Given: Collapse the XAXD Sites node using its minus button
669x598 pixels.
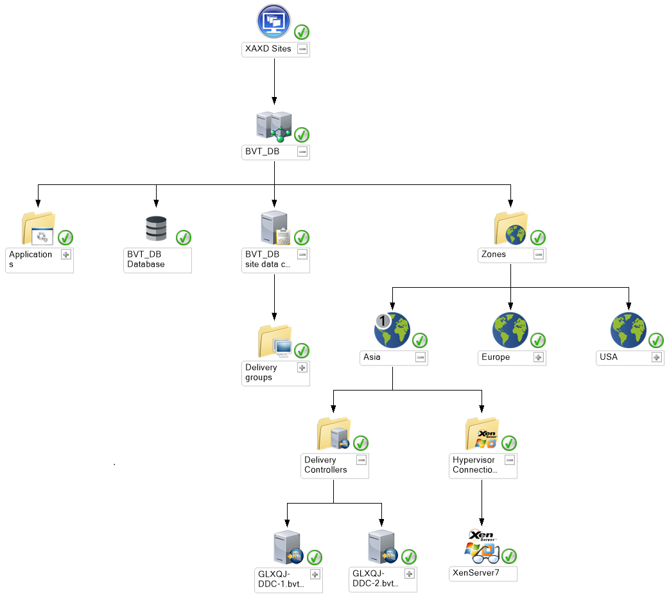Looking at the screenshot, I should click(x=302, y=49).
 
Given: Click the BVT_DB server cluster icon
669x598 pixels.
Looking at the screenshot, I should click(x=274, y=125).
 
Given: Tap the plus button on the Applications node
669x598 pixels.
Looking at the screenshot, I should click(x=65, y=254).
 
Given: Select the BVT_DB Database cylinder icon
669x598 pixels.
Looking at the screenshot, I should click(x=156, y=229).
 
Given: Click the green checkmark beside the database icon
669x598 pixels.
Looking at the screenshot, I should click(x=184, y=238).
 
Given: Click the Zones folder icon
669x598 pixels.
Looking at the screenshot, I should click(x=510, y=229).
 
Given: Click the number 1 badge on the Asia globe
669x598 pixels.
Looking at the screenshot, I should click(x=383, y=321).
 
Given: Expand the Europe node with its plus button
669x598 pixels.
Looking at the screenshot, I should click(x=539, y=357).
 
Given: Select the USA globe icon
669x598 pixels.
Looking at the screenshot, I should click(x=628, y=330).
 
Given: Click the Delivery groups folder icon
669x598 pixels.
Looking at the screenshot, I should click(x=274, y=341).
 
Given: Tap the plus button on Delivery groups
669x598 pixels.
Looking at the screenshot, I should click(x=302, y=367).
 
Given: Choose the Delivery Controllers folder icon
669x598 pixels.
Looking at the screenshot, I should click(x=333, y=434).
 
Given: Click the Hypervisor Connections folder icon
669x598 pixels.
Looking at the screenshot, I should click(x=481, y=434).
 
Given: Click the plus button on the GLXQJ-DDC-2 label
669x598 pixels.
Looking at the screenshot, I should click(x=409, y=574).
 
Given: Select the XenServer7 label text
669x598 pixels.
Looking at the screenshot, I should click(x=476, y=573).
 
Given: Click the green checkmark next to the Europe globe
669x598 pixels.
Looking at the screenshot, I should click(x=538, y=340).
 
